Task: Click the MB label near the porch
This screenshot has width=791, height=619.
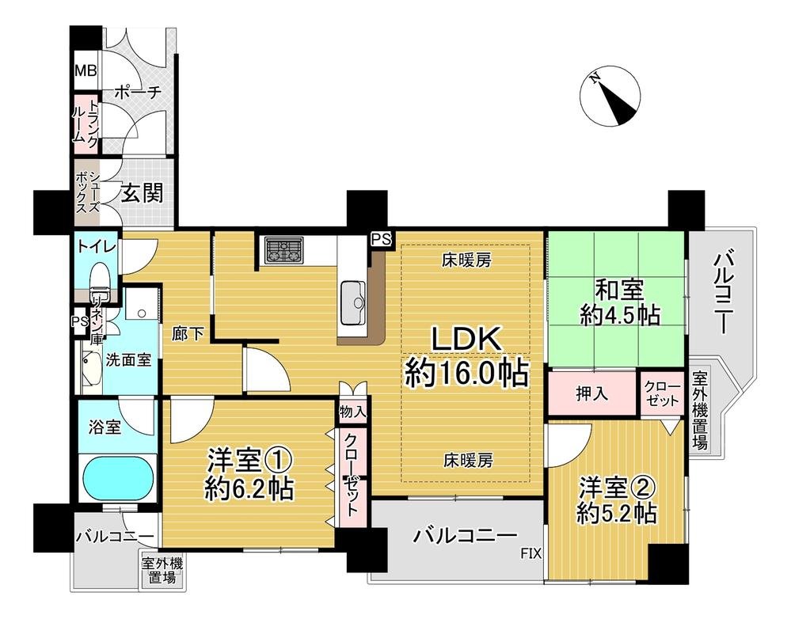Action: (85, 70)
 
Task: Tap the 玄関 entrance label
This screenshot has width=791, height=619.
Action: (143, 193)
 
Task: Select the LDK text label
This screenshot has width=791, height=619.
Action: (466, 340)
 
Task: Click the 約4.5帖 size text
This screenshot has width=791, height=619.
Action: (620, 315)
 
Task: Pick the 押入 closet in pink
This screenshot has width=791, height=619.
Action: (592, 393)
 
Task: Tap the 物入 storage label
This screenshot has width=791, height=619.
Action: (352, 412)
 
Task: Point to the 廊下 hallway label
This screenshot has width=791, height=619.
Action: (188, 333)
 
